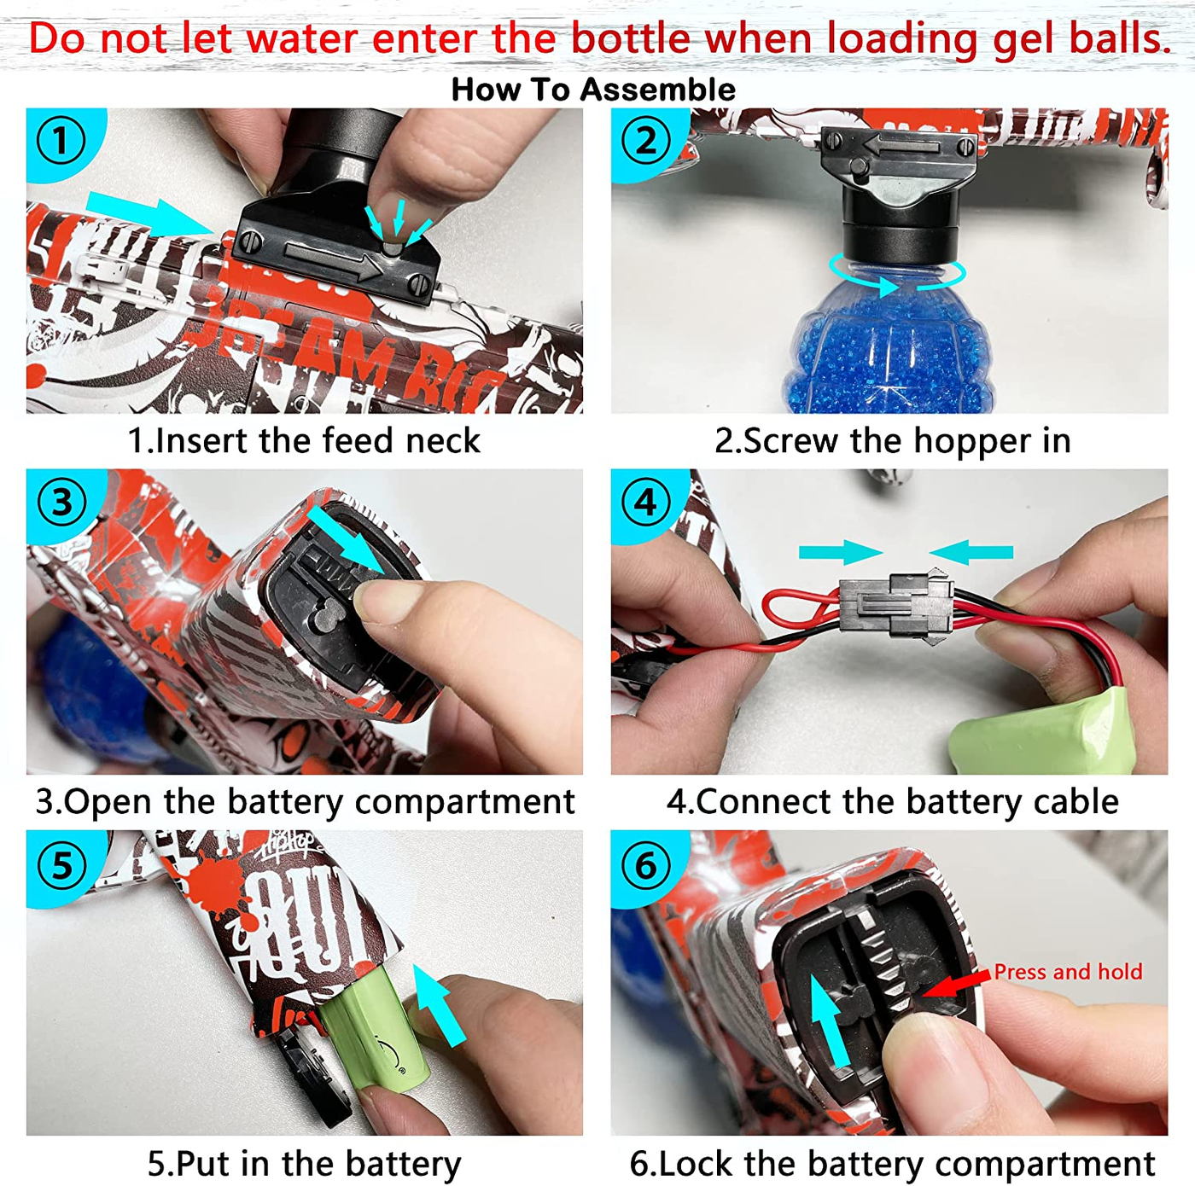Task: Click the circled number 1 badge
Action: [61, 142]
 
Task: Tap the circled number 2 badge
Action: [645, 142]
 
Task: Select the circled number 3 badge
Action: [61, 503]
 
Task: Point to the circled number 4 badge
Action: [645, 503]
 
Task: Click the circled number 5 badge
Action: [61, 863]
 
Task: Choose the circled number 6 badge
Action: [645, 863]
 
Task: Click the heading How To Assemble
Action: [593, 90]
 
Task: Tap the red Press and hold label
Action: [1068, 972]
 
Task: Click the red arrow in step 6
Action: [955, 985]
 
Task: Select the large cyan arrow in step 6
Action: [829, 1020]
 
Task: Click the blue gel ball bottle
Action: [892, 341]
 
